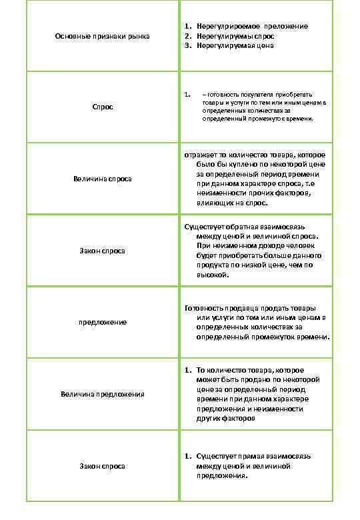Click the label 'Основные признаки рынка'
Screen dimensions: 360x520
(x=102, y=35)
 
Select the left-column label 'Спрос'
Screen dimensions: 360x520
(x=102, y=107)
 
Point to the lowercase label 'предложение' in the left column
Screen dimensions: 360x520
(x=102, y=322)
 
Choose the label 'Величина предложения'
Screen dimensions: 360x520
(x=102, y=394)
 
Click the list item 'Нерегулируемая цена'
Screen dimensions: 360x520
(x=235, y=45)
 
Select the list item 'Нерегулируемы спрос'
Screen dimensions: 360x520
(x=235, y=35)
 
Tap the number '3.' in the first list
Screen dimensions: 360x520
(x=189, y=45)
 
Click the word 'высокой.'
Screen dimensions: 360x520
(x=213, y=275)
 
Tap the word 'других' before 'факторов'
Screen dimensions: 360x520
(x=209, y=419)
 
